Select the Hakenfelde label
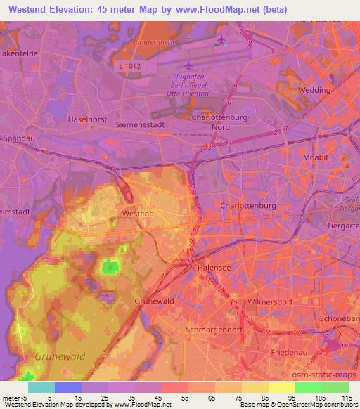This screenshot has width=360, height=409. (19, 53)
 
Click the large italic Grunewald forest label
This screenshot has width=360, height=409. (60, 356)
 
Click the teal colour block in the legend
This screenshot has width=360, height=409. (41, 387)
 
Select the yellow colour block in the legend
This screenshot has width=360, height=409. (281, 387)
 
